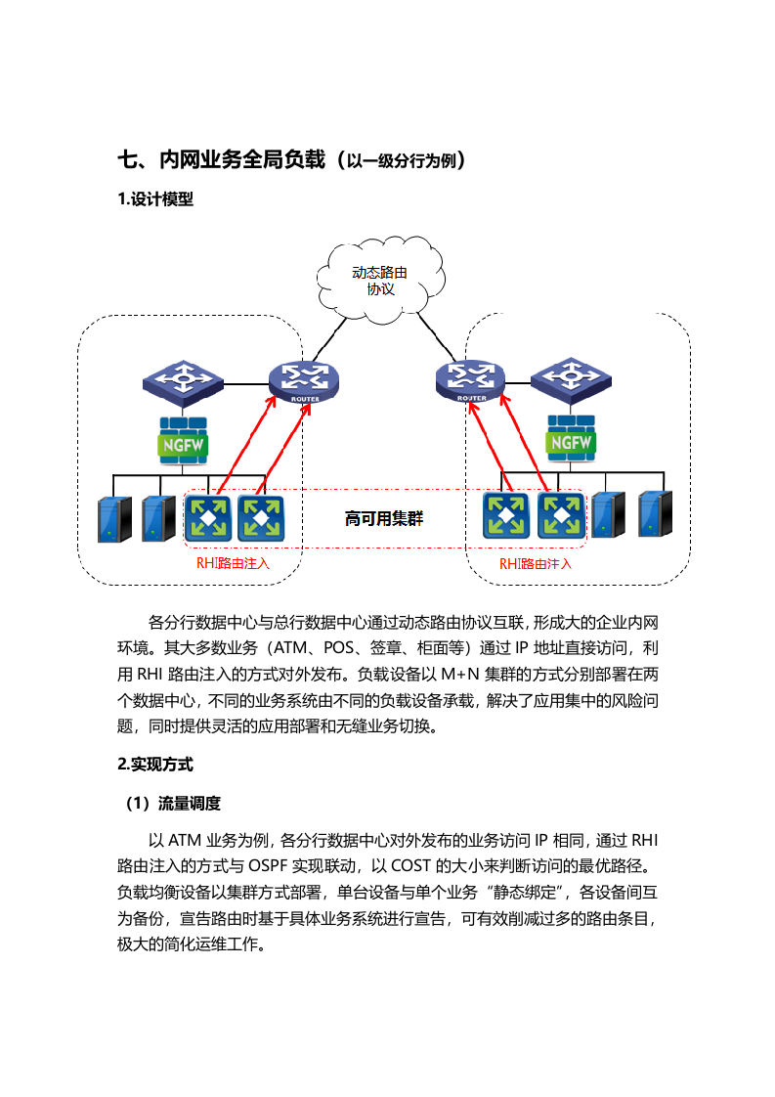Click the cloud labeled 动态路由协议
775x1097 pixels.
click(381, 281)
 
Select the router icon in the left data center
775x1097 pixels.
click(303, 381)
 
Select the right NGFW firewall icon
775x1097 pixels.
click(571, 441)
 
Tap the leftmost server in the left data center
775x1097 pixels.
click(112, 518)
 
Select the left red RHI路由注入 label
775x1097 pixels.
click(233, 564)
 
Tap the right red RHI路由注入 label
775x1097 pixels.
click(536, 564)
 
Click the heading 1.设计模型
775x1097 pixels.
click(155, 199)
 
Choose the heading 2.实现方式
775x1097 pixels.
click(155, 764)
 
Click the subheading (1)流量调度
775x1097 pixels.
click(172, 804)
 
